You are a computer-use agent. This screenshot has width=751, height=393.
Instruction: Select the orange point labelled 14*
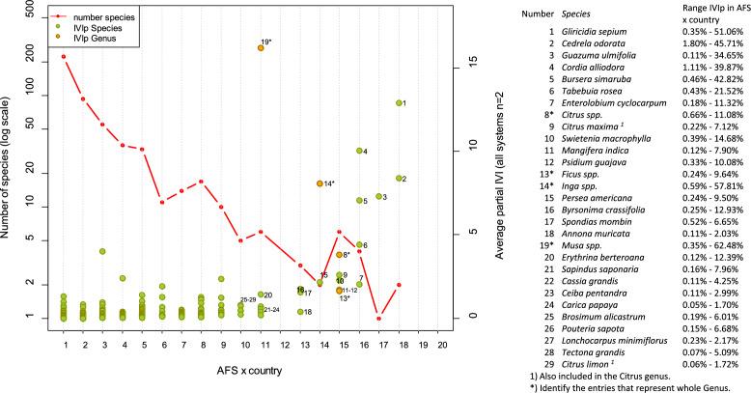pos(320,183)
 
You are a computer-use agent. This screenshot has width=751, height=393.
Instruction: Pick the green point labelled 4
pos(359,151)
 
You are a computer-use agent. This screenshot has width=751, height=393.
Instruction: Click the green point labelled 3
pos(378,197)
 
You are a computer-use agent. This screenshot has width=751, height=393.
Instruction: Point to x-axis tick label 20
pos(443,343)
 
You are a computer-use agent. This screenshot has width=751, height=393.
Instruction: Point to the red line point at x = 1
pos(64,56)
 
